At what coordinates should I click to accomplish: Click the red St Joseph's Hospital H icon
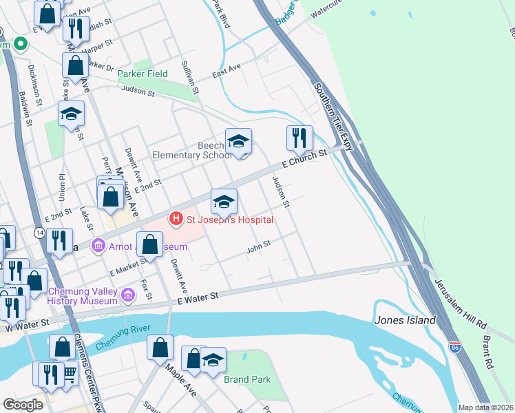tap(176, 220)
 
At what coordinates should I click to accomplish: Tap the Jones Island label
tap(405, 320)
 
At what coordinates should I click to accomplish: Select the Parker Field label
tap(143, 74)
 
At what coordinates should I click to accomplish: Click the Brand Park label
tap(246, 379)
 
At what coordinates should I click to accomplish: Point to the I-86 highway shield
tap(454, 348)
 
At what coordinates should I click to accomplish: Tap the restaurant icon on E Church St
tap(299, 138)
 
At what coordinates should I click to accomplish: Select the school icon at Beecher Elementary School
tap(238, 141)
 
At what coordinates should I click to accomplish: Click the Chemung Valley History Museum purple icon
tap(127, 296)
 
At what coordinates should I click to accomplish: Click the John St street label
tap(259, 246)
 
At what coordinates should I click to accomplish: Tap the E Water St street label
tap(197, 297)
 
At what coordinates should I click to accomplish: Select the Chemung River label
tap(123, 341)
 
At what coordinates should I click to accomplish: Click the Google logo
tap(23, 405)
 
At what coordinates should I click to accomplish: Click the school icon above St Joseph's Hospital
tap(224, 201)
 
